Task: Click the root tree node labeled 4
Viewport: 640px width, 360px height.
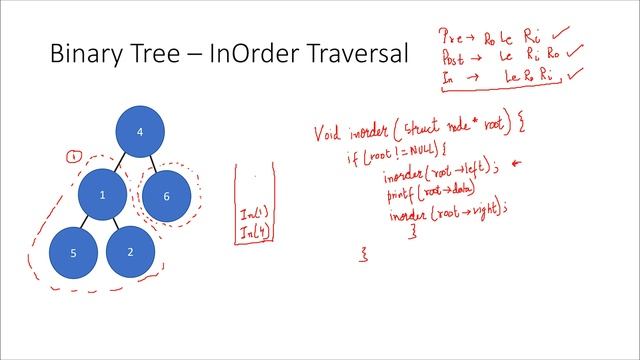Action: click(x=139, y=131)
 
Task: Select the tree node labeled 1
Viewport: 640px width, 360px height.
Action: click(x=103, y=195)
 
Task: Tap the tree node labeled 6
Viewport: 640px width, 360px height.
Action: click(x=167, y=196)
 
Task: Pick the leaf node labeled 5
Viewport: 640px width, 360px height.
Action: click(x=72, y=254)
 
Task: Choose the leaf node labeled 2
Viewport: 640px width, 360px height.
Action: click(x=131, y=251)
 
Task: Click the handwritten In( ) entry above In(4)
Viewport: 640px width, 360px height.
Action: click(x=252, y=214)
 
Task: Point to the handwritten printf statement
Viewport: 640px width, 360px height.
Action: click(x=430, y=189)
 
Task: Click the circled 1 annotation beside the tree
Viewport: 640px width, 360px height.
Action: click(x=72, y=156)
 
